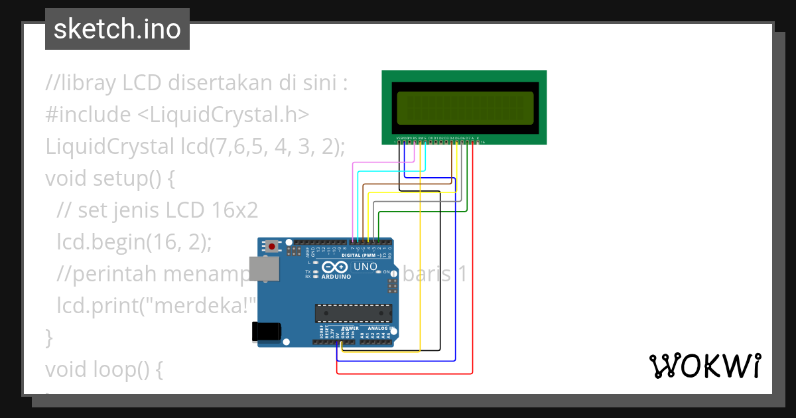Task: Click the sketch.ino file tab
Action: [x=117, y=29]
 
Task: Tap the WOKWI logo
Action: [x=704, y=366]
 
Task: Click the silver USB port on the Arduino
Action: [x=263, y=269]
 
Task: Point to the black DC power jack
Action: [x=267, y=331]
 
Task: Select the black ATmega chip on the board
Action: [x=353, y=313]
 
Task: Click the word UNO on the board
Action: [x=365, y=267]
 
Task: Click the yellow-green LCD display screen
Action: [x=464, y=107]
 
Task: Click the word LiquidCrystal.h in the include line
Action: [x=230, y=115]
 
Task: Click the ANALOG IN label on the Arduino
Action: [x=381, y=328]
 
